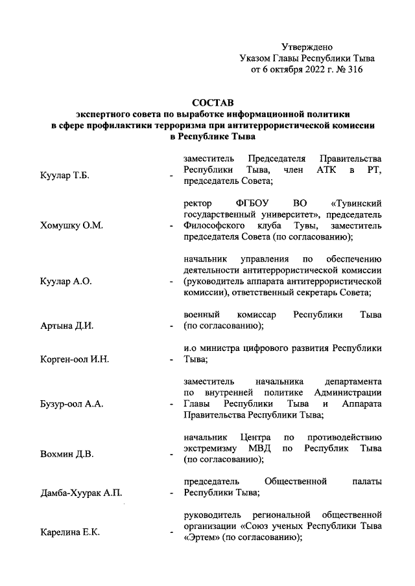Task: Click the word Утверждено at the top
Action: tap(307, 47)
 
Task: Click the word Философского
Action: tap(216, 226)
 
